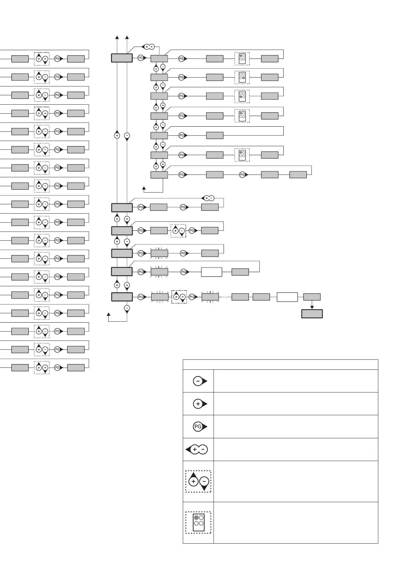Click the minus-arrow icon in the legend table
[200, 381]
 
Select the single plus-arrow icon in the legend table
[200, 404]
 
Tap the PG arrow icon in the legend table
[200, 427]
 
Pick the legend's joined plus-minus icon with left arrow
[197, 449]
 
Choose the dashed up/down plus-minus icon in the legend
[198, 481]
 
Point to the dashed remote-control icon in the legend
[198, 523]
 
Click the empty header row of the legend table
[280, 364]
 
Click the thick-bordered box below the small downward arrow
[312, 314]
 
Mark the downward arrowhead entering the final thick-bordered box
[312, 307]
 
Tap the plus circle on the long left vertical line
[117, 135]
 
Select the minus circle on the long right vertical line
[127, 135]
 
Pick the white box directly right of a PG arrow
[212, 272]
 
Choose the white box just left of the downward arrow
[287, 297]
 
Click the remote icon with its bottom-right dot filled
[242, 77]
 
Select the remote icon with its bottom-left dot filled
[242, 96]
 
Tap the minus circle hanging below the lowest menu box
[127, 308]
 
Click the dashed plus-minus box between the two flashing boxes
[179, 297]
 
